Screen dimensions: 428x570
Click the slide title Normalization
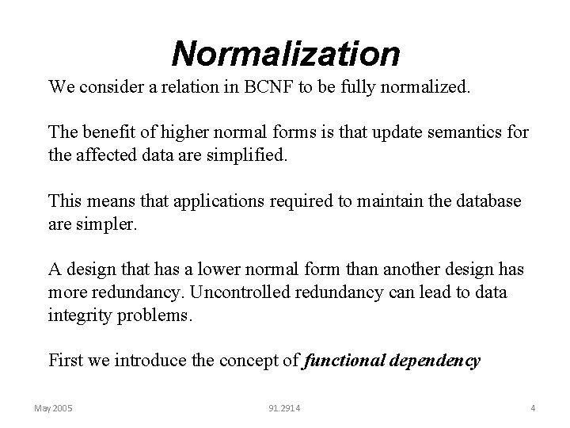pyautogui.click(x=285, y=54)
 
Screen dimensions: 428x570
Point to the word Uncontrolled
pyautogui.click(x=239, y=292)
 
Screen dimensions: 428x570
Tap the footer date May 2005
pyautogui.click(x=54, y=408)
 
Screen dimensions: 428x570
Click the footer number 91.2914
pyautogui.click(x=284, y=408)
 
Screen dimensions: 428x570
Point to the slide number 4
pyautogui.click(x=533, y=408)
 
